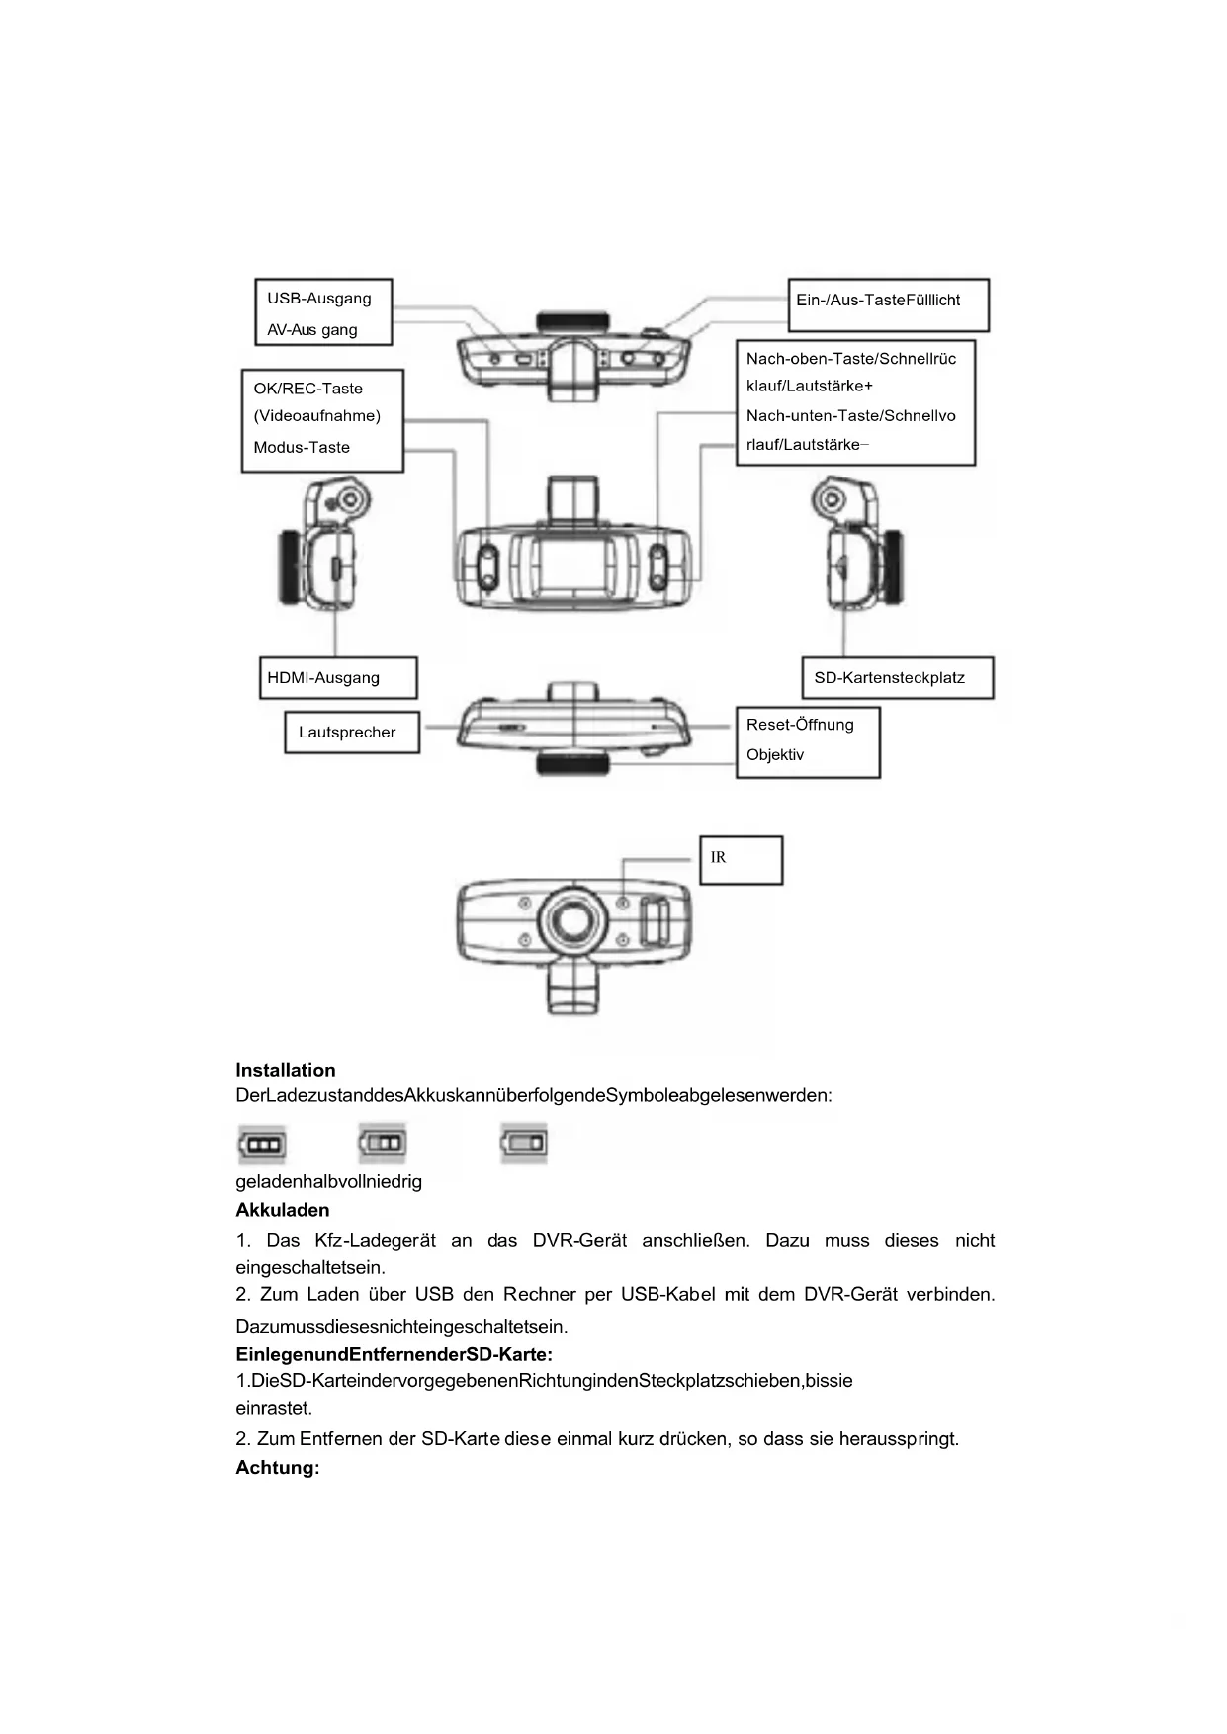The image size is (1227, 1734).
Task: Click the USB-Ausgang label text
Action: [x=318, y=299]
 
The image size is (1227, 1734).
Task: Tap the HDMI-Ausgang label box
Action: [x=337, y=678]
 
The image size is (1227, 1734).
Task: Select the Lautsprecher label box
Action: [x=351, y=733]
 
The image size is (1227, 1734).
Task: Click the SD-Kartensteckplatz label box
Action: [x=896, y=678]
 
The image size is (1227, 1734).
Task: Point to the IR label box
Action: [x=741, y=859]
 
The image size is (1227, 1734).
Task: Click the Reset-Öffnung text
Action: [x=799, y=725]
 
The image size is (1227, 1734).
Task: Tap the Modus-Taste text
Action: [x=302, y=448]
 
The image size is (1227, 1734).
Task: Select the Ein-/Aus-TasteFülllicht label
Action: [x=878, y=301]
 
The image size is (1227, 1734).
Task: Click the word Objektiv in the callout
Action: [x=775, y=755]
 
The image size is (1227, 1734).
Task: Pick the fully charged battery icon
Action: [x=262, y=1145]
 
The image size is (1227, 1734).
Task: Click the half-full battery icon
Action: [x=383, y=1143]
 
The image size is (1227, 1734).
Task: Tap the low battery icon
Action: [x=524, y=1143]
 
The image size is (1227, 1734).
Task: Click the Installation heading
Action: [x=285, y=1070]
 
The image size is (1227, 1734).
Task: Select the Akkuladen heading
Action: [x=282, y=1210]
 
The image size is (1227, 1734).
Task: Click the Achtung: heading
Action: [x=277, y=1468]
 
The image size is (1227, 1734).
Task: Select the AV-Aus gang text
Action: [x=311, y=330]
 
